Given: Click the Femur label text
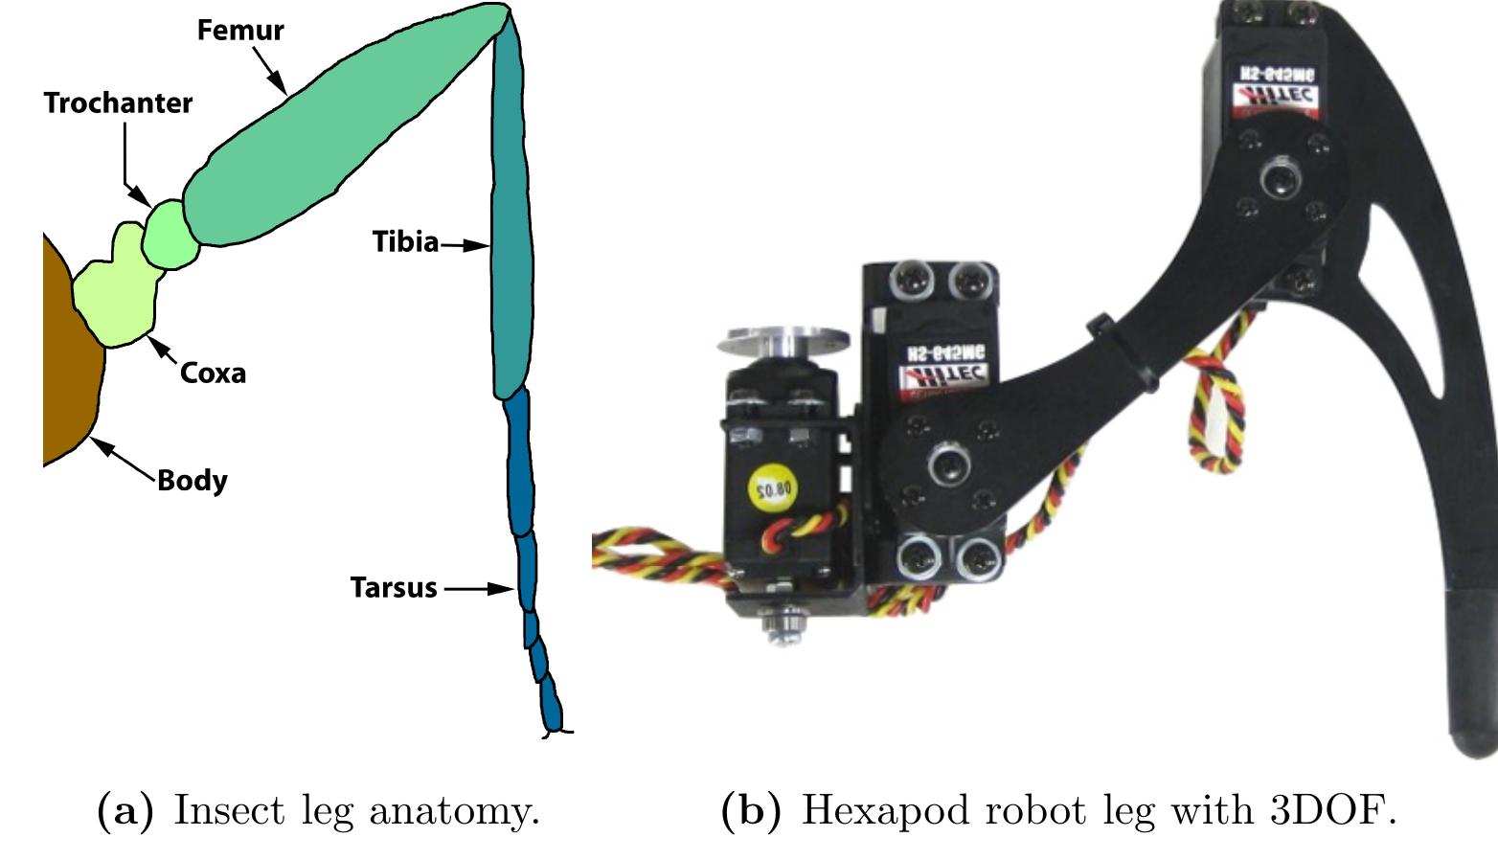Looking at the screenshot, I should point(240,31).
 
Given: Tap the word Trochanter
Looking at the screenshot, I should point(118,103).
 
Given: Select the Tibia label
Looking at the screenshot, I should point(405,242).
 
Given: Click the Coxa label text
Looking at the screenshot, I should point(213,373).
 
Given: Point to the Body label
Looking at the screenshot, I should point(192,480).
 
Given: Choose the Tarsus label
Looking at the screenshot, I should point(393,588).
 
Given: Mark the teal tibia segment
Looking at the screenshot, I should point(511,239).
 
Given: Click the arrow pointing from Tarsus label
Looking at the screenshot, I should point(479,588).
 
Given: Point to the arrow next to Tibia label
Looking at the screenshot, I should point(466,245).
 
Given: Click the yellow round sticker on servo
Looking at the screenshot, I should point(772,489).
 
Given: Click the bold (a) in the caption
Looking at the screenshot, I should point(125,811).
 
